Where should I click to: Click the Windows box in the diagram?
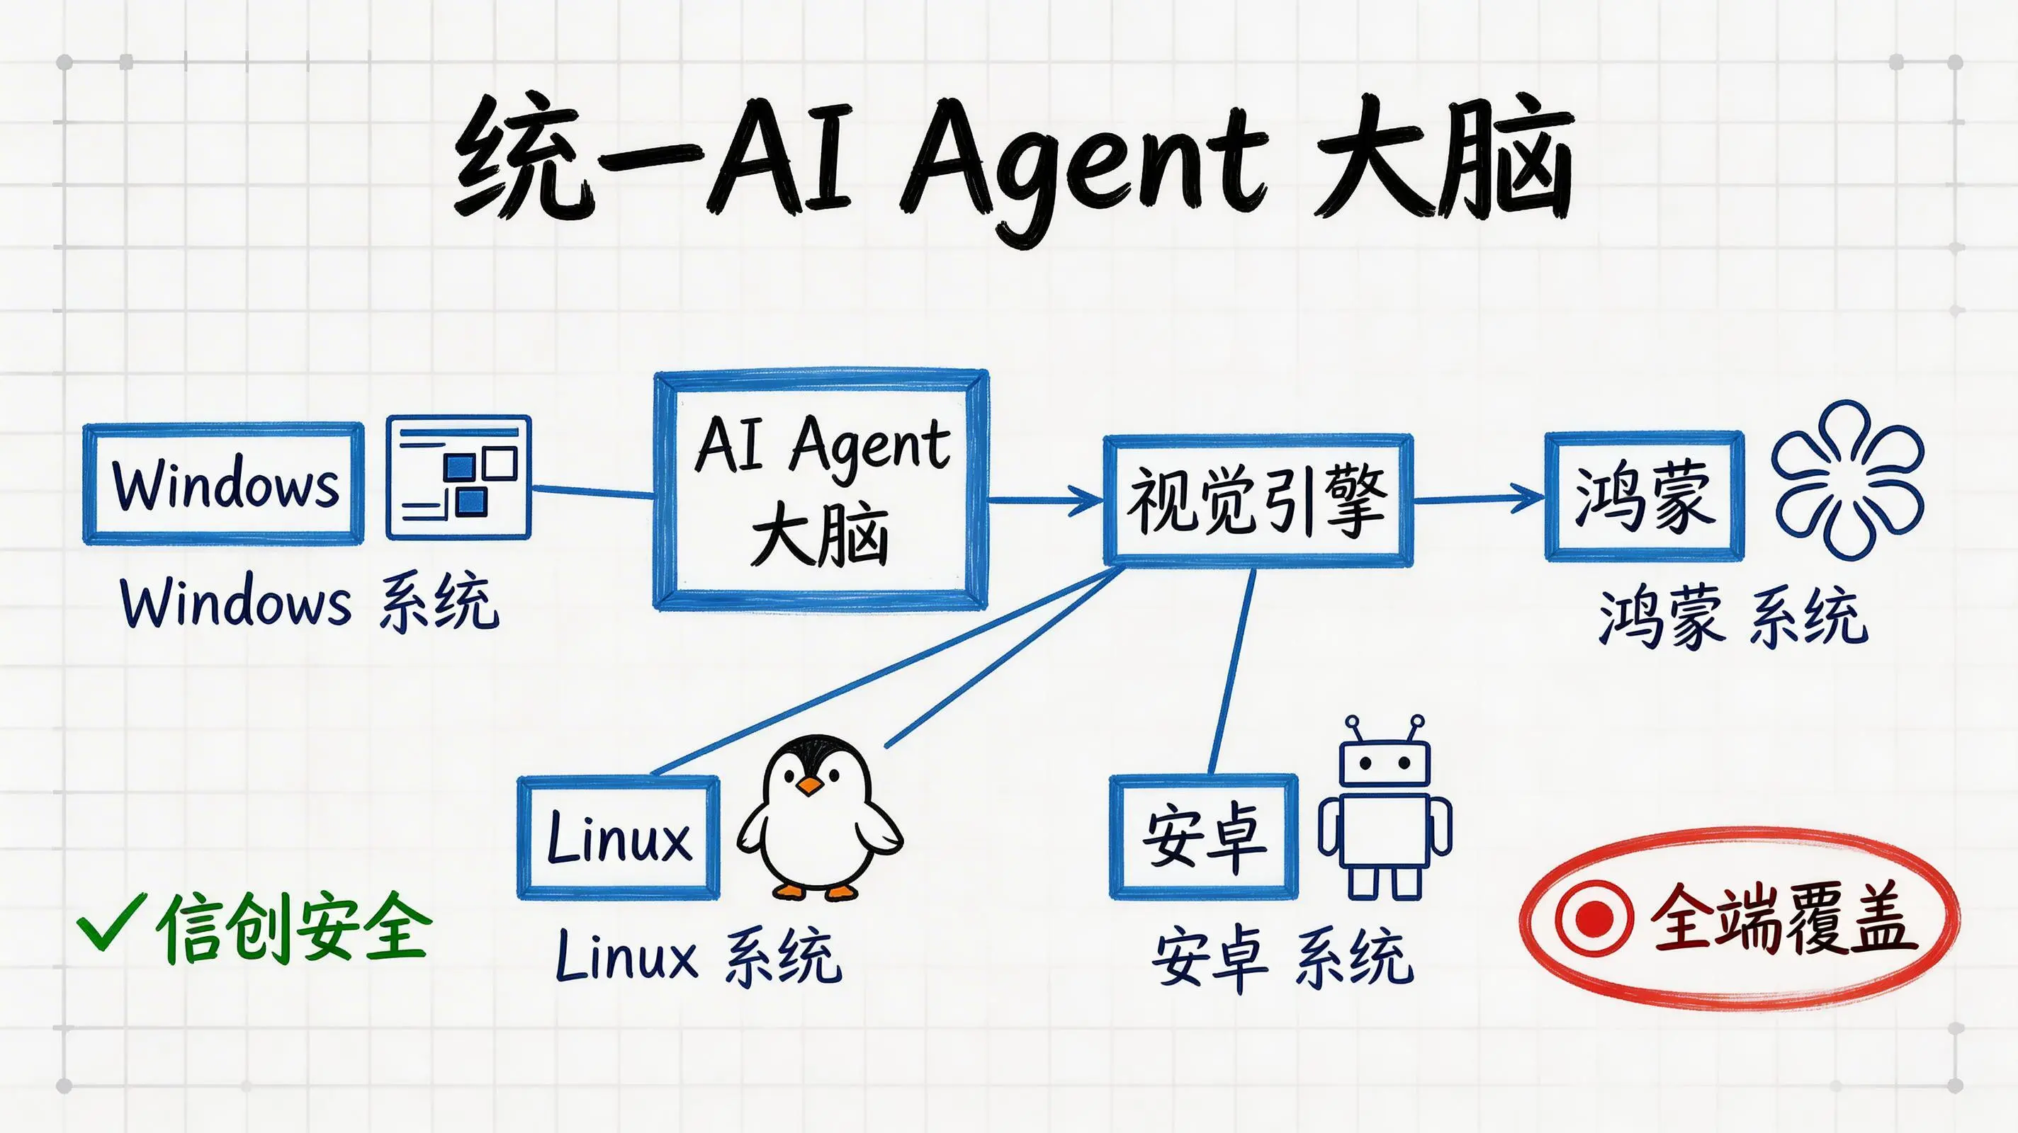click(x=223, y=484)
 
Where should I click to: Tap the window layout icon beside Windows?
click(x=458, y=477)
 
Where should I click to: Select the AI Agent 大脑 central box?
click(x=821, y=490)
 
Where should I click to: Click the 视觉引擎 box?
click(x=1257, y=499)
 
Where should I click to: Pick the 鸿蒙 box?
click(x=1645, y=496)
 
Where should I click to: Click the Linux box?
click(x=618, y=837)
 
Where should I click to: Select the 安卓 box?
click(x=1204, y=836)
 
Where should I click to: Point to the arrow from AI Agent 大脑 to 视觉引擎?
click(x=1046, y=499)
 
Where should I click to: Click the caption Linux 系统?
click(x=697, y=956)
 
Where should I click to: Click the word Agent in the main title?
click(x=1085, y=169)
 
